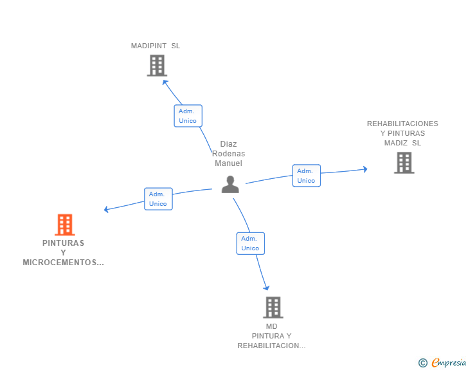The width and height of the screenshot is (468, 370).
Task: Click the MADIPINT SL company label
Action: point(156,46)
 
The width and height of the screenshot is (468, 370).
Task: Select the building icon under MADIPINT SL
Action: point(157,66)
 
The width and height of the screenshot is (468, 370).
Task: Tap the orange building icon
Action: point(64,225)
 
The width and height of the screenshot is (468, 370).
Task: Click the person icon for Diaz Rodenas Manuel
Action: point(230,185)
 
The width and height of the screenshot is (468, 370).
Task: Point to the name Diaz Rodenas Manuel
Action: point(228,154)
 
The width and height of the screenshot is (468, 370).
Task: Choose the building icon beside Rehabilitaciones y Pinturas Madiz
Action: point(404,163)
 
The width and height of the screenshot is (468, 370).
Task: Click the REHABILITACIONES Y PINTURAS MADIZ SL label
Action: point(402,133)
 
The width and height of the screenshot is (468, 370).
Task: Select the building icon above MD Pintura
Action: point(273,308)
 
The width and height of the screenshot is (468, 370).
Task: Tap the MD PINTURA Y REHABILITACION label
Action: point(271,336)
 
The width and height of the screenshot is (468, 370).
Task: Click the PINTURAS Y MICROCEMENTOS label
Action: point(63,253)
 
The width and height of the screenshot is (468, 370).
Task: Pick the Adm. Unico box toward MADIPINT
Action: point(188,116)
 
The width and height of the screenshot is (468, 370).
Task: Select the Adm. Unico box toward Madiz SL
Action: point(306,176)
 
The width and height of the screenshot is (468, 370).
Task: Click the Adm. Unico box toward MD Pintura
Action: point(250,243)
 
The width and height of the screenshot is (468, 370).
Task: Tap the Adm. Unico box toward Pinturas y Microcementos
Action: point(158,199)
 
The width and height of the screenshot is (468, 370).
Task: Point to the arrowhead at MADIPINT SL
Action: point(165,82)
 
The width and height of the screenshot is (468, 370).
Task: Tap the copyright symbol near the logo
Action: point(422,363)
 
